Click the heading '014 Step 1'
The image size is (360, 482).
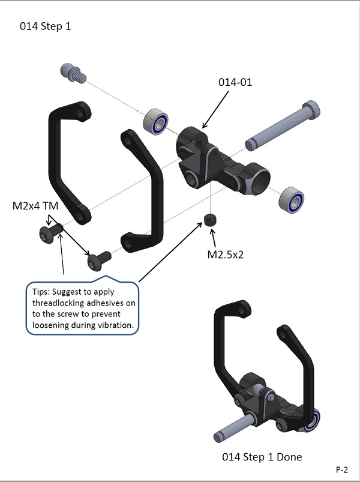[x=46, y=27]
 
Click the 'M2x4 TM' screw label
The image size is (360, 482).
[x=35, y=206]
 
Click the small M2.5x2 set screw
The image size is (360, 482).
[x=209, y=220]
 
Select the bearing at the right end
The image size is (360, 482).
[x=290, y=200]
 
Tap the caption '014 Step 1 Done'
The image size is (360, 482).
[x=262, y=457]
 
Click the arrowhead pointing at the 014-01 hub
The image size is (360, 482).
[x=203, y=127]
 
